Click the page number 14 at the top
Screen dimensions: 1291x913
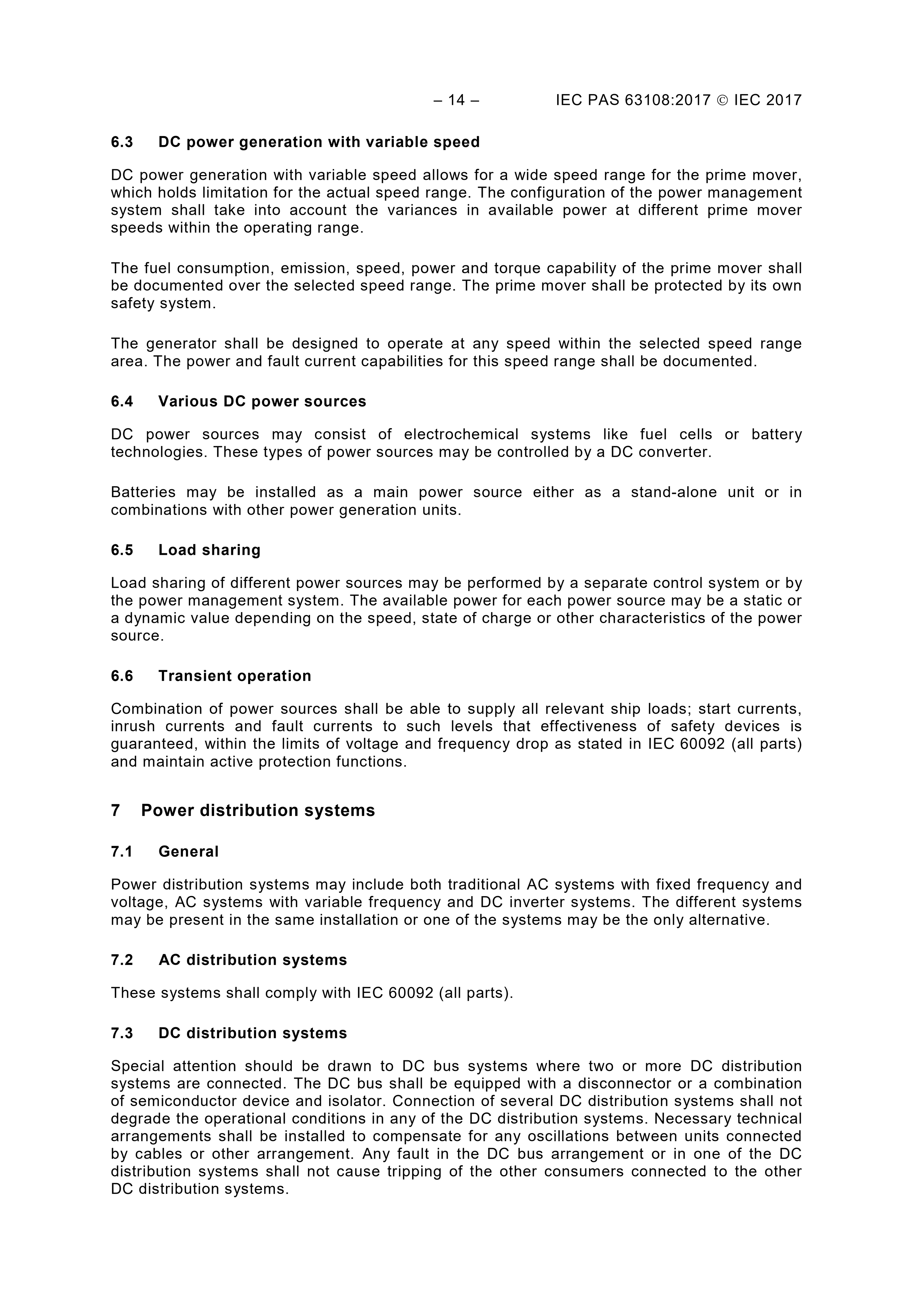[456, 100]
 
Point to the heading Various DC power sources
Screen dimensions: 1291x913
[262, 401]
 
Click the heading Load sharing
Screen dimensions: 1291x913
[209, 550]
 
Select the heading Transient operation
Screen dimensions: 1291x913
[234, 676]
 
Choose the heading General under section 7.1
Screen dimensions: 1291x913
[188, 851]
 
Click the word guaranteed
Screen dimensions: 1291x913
[155, 744]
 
